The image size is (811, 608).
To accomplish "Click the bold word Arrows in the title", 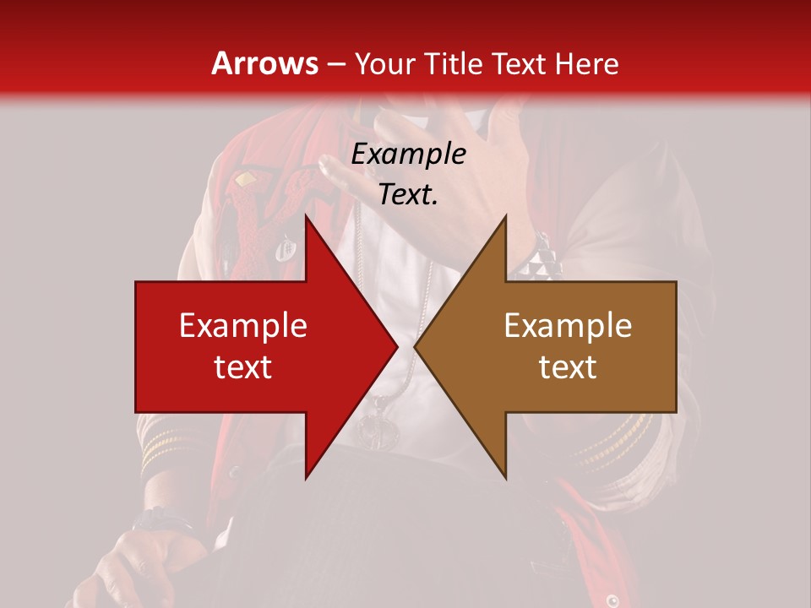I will [264, 63].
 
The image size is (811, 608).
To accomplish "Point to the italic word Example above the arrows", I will [408, 155].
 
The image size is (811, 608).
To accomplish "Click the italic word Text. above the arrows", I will [408, 195].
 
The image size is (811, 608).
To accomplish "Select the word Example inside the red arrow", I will [242, 326].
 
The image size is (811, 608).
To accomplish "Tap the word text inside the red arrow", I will [242, 367].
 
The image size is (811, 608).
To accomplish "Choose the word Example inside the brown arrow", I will [568, 326].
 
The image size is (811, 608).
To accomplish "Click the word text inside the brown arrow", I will [568, 367].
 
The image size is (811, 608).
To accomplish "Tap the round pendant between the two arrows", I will [377, 431].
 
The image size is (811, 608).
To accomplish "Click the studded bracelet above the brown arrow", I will [537, 263].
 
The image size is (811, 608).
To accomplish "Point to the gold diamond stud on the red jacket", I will [245, 179].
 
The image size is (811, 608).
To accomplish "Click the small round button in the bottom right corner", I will [613, 600].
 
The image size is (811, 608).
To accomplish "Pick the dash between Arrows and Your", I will [336, 64].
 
